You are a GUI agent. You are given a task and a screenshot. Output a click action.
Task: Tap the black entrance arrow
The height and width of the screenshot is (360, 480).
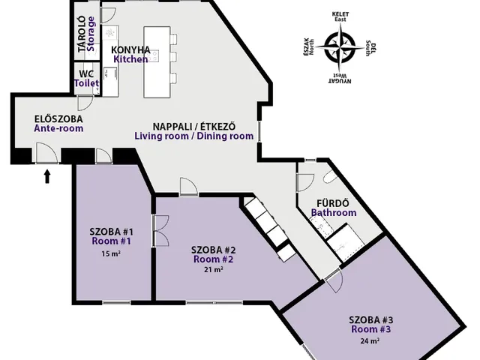[48, 176]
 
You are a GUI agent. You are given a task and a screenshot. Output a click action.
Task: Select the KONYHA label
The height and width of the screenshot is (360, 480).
[131, 49]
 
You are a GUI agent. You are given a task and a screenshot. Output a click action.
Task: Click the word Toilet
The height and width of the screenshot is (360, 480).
[87, 83]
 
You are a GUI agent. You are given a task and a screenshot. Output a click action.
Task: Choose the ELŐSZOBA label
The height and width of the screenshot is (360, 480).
[58, 118]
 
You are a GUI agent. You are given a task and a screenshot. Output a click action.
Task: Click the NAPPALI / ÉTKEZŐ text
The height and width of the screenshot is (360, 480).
[193, 126]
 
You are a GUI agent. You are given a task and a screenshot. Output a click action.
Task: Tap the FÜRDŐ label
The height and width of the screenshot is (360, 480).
[333, 202]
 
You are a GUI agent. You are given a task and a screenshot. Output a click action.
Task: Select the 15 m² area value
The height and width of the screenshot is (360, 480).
[111, 253]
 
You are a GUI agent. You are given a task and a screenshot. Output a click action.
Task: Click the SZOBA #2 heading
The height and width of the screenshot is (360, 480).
[214, 249]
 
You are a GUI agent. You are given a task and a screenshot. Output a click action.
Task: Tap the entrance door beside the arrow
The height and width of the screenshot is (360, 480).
[46, 156]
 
